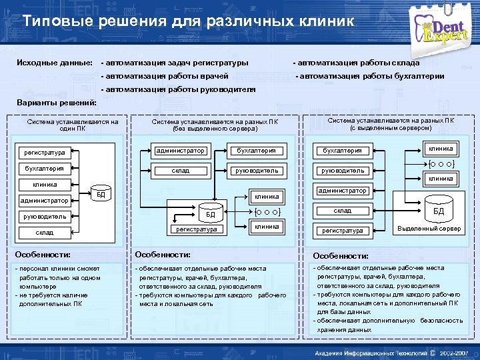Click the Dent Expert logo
[x=444, y=30]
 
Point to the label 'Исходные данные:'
[x=55, y=63]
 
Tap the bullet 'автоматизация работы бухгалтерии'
[x=370, y=76]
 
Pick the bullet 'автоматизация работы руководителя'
[x=178, y=89]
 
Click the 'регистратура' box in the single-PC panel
[x=45, y=153]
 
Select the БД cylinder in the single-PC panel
[x=100, y=194]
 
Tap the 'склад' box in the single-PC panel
[x=45, y=232]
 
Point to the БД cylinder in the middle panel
[x=209, y=215]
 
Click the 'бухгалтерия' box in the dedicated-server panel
[x=342, y=151]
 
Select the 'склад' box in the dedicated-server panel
[x=342, y=211]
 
